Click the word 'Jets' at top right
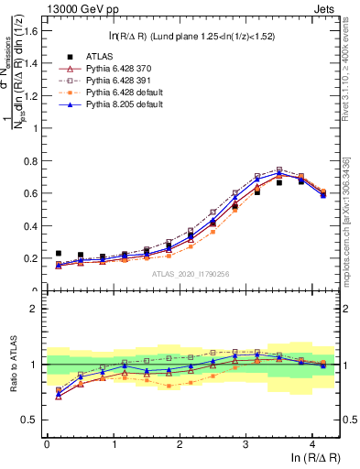328,8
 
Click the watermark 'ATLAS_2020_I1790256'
191,274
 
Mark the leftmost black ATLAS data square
59,254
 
